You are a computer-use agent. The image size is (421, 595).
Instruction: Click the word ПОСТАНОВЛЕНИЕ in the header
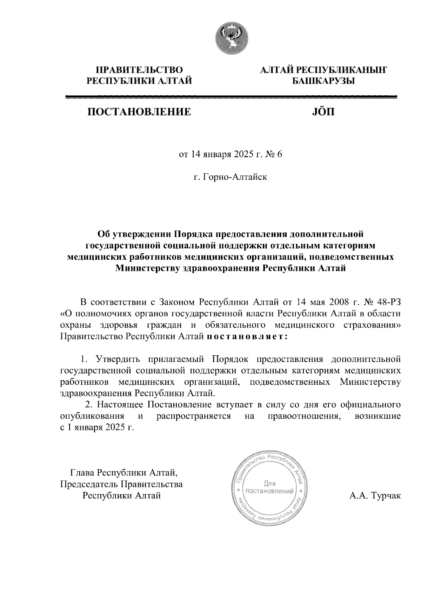pyautogui.click(x=139, y=112)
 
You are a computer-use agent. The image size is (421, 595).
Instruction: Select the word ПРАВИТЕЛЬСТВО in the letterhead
pyautogui.click(x=140, y=70)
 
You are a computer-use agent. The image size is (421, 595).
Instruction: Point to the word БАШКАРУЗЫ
pyautogui.click(x=323, y=81)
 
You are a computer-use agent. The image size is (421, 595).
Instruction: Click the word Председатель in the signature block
pyautogui.click(x=90, y=485)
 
